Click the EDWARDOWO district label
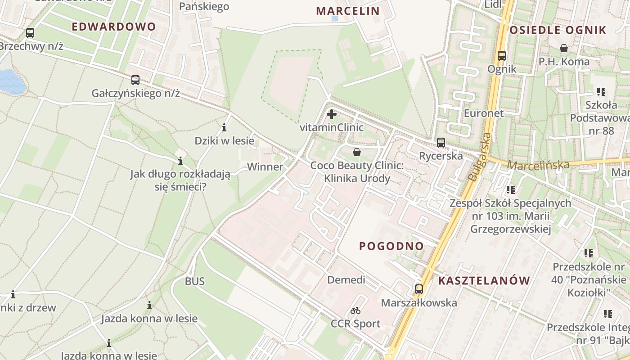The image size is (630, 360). (113, 27)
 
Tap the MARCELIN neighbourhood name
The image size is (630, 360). (348, 11)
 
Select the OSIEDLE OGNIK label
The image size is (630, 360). (558, 30)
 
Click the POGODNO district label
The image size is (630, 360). (391, 246)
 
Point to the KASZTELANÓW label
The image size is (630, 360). (484, 281)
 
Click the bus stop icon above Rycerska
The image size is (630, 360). (441, 143)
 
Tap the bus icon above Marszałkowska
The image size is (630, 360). (419, 289)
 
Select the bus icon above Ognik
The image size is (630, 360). (502, 56)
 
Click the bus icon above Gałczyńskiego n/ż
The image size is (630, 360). (135, 80)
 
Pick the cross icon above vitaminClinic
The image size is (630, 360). (332, 114)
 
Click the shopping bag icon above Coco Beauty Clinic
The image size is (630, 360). (357, 152)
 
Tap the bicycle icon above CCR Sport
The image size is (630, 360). (355, 310)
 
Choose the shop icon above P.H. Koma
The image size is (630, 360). (563, 48)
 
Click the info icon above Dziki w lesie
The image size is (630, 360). (224, 127)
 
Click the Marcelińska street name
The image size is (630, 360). (538, 165)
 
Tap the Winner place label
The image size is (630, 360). (265, 167)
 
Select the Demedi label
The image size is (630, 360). (346, 280)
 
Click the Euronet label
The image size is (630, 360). (484, 113)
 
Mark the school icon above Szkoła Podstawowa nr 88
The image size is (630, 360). (601, 92)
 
